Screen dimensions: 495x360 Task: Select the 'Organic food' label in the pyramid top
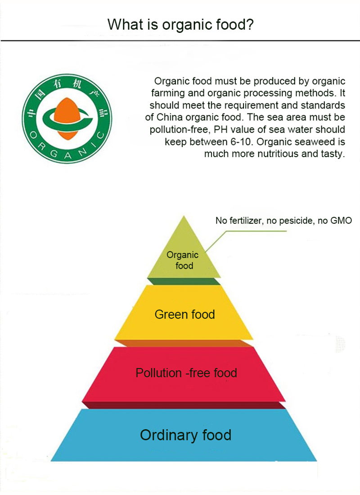(x=183, y=260)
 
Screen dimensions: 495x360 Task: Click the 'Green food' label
(x=184, y=314)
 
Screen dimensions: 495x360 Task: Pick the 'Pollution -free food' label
(x=186, y=373)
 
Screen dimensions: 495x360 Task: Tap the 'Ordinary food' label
(x=185, y=435)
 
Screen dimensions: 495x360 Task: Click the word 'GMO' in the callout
(x=341, y=221)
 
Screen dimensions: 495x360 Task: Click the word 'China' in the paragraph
(x=171, y=117)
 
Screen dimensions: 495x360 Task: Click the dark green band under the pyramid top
(x=184, y=281)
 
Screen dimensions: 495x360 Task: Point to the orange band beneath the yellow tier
(x=184, y=343)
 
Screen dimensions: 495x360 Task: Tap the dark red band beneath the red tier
(x=184, y=405)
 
